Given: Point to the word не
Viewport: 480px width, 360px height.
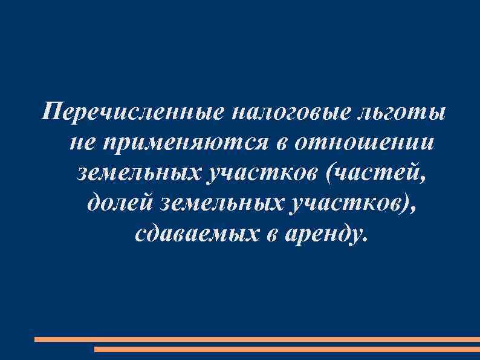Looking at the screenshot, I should point(83,143).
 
